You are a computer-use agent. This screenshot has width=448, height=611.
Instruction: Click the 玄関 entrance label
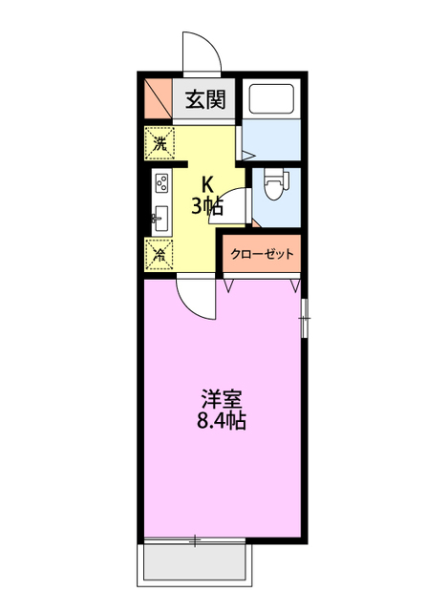coord(204,99)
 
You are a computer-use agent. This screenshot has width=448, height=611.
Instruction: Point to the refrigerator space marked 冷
coord(160,255)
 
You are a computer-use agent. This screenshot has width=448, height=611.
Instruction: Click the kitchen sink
coord(159,217)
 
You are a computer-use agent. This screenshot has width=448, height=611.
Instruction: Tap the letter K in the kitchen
coord(205,186)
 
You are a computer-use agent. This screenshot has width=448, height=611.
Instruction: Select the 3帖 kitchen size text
coord(207,205)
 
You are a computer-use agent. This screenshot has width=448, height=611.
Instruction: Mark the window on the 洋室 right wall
coord(304,317)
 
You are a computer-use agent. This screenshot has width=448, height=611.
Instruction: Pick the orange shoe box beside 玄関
coord(159,98)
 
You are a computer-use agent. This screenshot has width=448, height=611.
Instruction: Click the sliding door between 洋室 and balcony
coord(197,542)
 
